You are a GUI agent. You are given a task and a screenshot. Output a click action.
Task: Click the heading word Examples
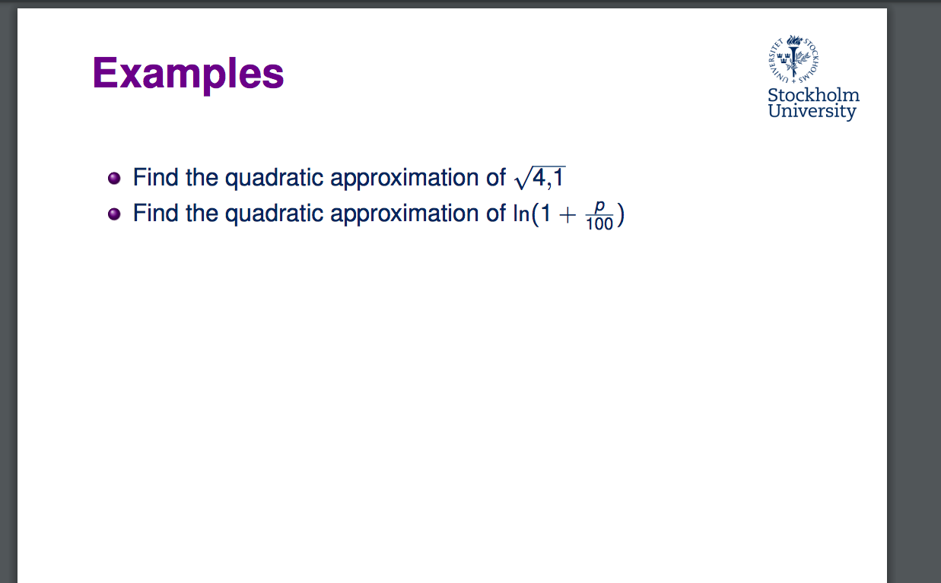click(188, 74)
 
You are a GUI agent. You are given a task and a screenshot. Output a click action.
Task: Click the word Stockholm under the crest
click(813, 96)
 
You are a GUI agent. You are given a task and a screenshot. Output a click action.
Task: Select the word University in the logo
click(812, 111)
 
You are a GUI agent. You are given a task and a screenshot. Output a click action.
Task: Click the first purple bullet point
click(114, 179)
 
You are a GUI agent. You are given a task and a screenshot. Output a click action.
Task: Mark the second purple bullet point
click(114, 214)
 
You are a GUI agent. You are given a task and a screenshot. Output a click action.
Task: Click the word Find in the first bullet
click(155, 178)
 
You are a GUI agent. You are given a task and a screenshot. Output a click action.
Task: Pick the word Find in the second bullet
click(155, 214)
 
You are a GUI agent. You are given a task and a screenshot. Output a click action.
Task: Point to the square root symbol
click(521, 179)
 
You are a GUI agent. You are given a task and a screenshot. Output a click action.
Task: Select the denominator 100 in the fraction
click(599, 223)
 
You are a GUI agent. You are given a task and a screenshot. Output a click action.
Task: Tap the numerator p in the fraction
click(599, 207)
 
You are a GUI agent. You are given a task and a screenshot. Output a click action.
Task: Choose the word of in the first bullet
click(495, 178)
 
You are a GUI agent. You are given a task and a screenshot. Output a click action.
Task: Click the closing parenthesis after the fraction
click(621, 215)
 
